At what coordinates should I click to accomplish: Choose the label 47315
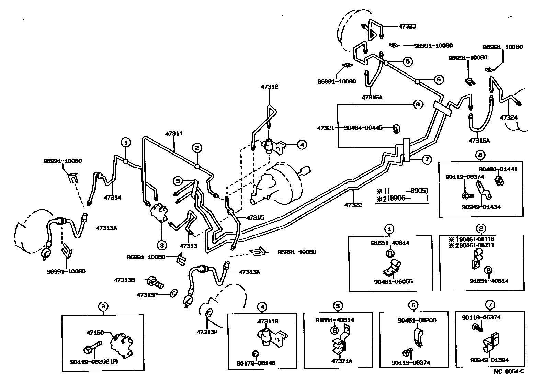pos(255,218)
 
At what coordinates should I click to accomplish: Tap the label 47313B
pos(124,280)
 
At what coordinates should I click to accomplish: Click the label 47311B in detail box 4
pos(268,322)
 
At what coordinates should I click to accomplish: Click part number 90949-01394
pos(490,360)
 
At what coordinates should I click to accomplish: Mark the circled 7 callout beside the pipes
pos(426,159)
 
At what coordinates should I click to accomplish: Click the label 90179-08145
pos(256,363)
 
